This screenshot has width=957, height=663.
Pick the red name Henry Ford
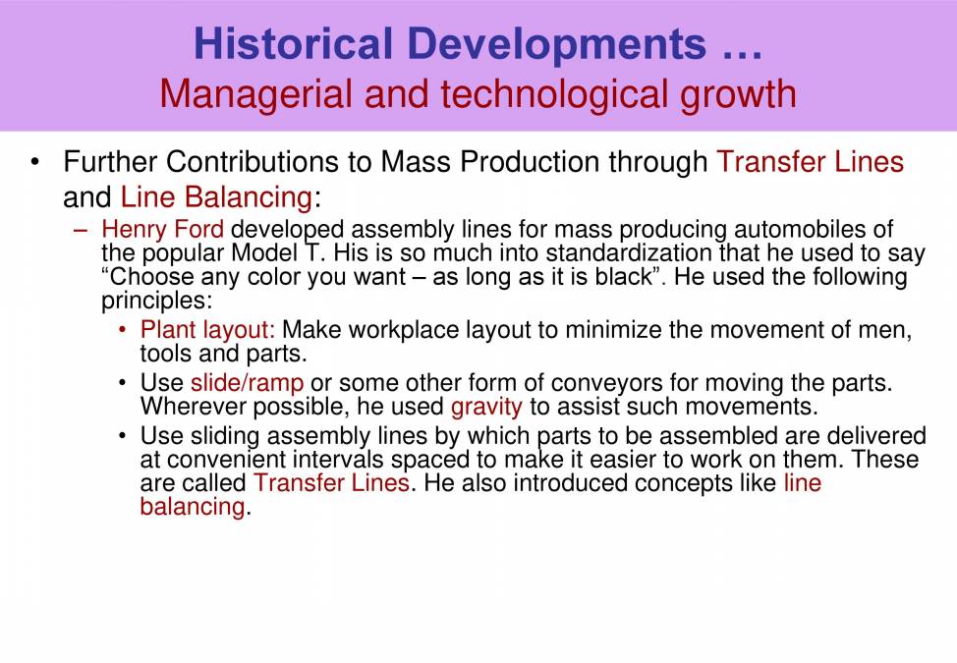tap(162, 230)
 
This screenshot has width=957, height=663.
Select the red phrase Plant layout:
tap(207, 330)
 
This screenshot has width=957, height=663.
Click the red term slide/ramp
tap(247, 382)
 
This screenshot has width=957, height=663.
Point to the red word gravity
tap(486, 405)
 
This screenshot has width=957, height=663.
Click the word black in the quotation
tap(624, 276)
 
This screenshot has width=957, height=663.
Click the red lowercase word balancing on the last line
tap(191, 507)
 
